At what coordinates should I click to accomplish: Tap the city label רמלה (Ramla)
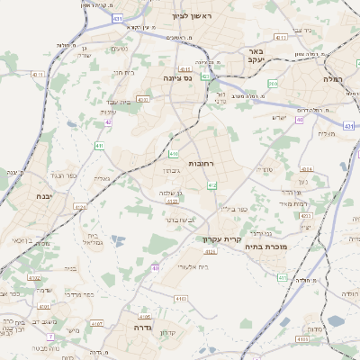pos(332,79)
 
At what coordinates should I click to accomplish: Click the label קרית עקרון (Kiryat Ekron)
pos(219,239)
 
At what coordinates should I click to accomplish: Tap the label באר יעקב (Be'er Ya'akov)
pos(255,57)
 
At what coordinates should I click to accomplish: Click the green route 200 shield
pos(273,83)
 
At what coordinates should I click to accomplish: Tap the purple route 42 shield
pos(107,121)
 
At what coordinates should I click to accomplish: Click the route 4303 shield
pos(181,298)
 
